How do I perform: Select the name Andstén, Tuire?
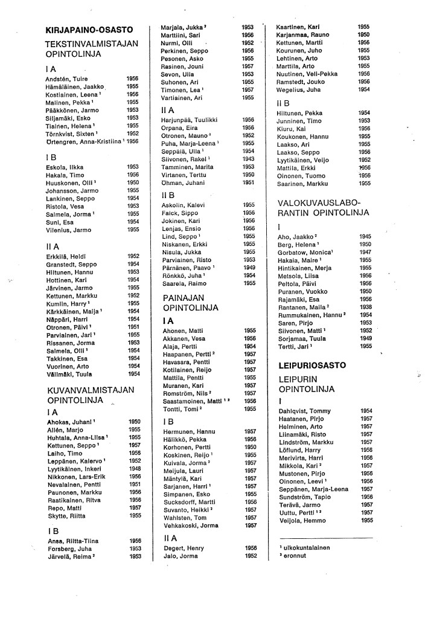point(68,79)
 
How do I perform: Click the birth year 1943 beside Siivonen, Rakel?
point(248,159)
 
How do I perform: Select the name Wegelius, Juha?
point(298,89)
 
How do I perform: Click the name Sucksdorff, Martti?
point(190,501)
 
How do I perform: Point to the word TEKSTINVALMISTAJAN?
point(92,43)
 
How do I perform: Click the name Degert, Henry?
point(184,548)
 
